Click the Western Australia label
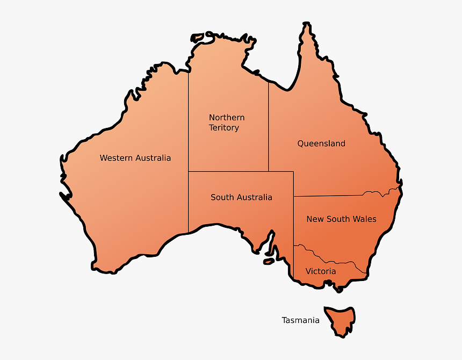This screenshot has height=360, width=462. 135,158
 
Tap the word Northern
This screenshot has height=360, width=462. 227,118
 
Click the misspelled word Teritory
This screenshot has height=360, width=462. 224,128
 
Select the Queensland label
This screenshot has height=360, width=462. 321,143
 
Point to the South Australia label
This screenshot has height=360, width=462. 241,197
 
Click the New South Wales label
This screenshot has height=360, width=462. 341,219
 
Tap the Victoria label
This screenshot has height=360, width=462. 321,271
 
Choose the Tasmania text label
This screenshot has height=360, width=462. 300,320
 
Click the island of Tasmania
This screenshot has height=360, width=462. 339,320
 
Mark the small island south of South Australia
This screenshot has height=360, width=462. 268,262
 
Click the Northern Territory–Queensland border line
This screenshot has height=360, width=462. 269,129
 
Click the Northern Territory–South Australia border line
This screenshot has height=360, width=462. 228,171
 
